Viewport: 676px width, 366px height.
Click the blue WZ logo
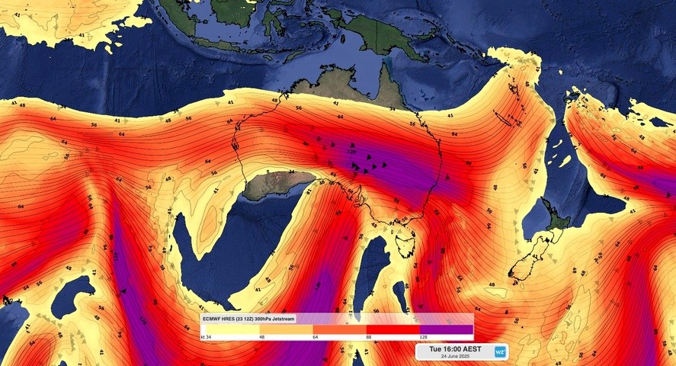click(501, 352)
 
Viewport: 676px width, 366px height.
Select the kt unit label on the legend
click(203, 336)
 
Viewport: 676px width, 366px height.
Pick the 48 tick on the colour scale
click(261, 336)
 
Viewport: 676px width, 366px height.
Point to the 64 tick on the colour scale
click(315, 336)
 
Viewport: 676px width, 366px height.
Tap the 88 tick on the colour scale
click(368, 336)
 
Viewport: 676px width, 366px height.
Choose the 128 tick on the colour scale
click(422, 336)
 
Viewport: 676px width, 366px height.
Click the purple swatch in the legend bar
click(447, 329)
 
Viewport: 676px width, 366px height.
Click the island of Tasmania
click(405, 246)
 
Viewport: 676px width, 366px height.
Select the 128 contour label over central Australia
click(353, 151)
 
